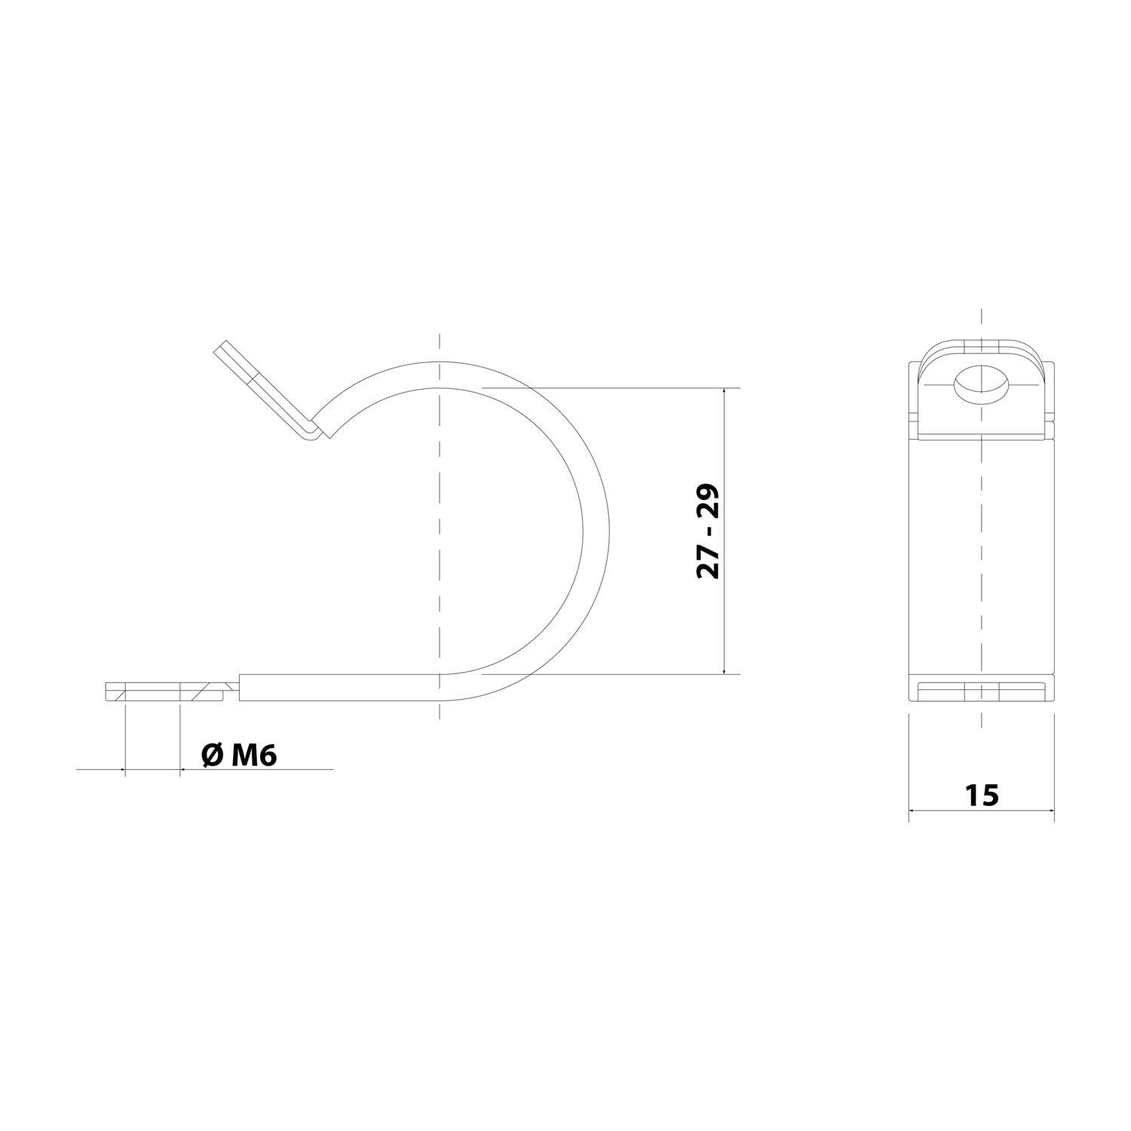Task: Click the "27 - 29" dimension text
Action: [x=708, y=531]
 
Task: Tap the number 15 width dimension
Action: [x=981, y=795]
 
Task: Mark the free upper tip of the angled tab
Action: [x=222, y=348]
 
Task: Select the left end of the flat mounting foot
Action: [x=106, y=691]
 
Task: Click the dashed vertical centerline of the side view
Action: [x=439, y=528]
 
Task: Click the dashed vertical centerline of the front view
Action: [x=981, y=565]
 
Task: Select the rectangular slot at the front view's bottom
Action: [x=981, y=691]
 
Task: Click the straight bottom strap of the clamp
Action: [x=339, y=687]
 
